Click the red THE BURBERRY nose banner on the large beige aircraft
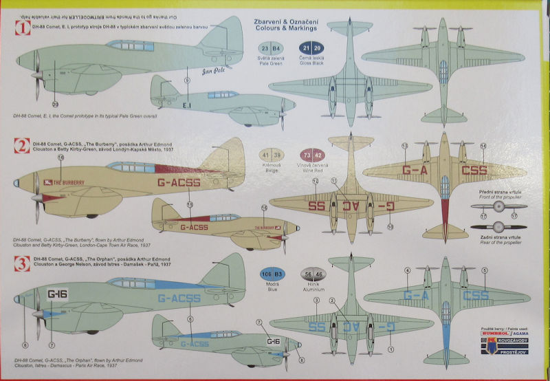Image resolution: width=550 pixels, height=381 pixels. point(67,182)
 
